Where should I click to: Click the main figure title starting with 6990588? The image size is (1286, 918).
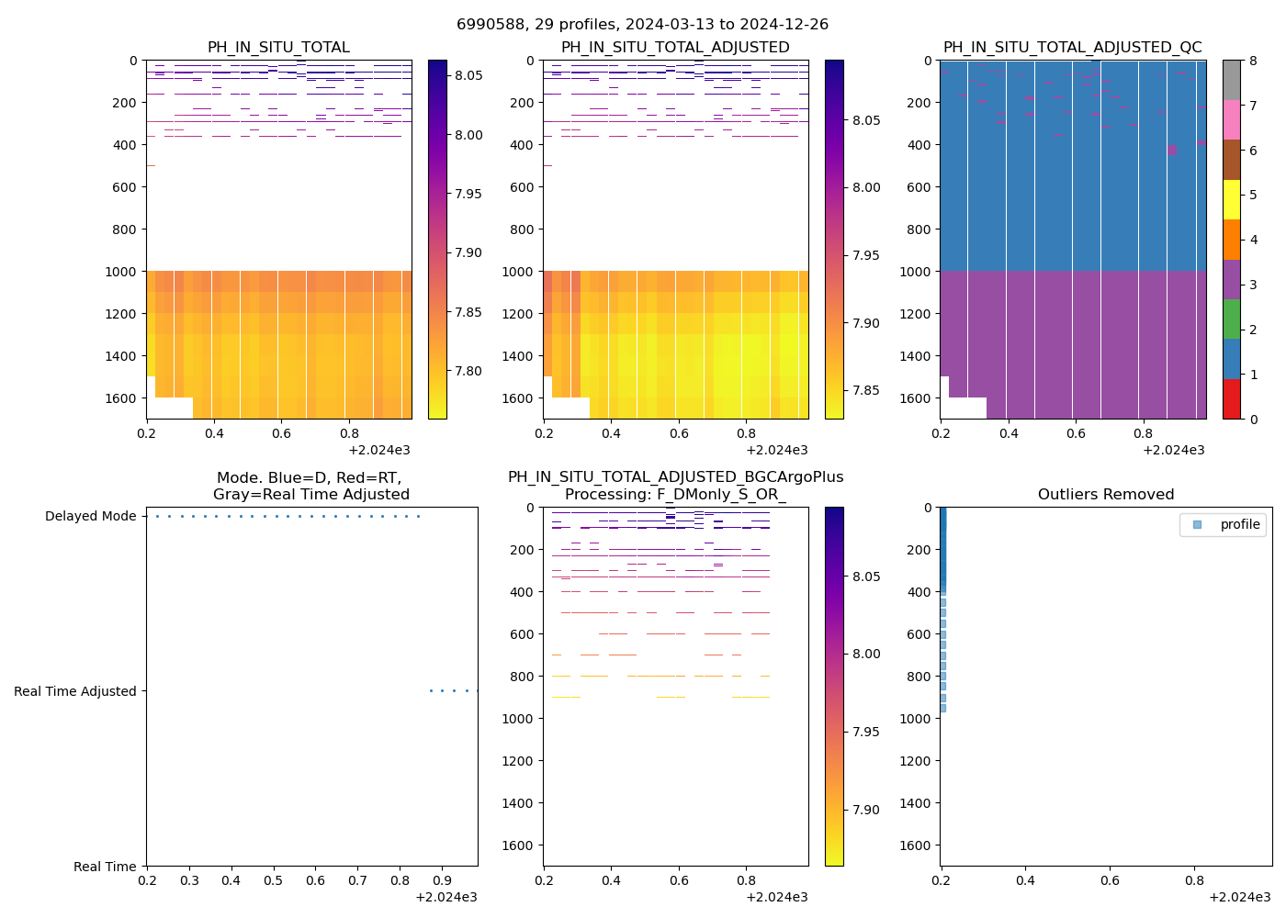642,25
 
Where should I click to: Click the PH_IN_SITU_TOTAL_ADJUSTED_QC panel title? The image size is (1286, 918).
1072,48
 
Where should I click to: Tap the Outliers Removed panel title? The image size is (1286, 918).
1105,495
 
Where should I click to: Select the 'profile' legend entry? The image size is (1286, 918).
1239,524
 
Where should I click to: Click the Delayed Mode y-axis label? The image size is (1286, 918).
90,517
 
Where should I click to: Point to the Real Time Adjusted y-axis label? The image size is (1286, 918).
75,692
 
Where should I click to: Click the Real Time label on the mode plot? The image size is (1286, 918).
105,867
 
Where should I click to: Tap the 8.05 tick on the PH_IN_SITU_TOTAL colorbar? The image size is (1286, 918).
468,75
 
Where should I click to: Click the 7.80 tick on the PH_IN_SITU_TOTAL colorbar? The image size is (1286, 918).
468,371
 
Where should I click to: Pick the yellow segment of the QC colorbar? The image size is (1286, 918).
1232,199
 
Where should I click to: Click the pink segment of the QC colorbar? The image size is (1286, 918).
1232,120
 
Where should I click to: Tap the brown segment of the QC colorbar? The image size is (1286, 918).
1232,160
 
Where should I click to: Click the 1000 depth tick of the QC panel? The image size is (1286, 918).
919,272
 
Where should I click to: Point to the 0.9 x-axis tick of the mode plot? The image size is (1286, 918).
442,881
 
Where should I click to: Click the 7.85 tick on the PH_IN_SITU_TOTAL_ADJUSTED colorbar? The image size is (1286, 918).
865,390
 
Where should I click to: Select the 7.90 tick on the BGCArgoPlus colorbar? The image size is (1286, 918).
865,810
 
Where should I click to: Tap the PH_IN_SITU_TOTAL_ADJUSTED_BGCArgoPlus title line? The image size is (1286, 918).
675,477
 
